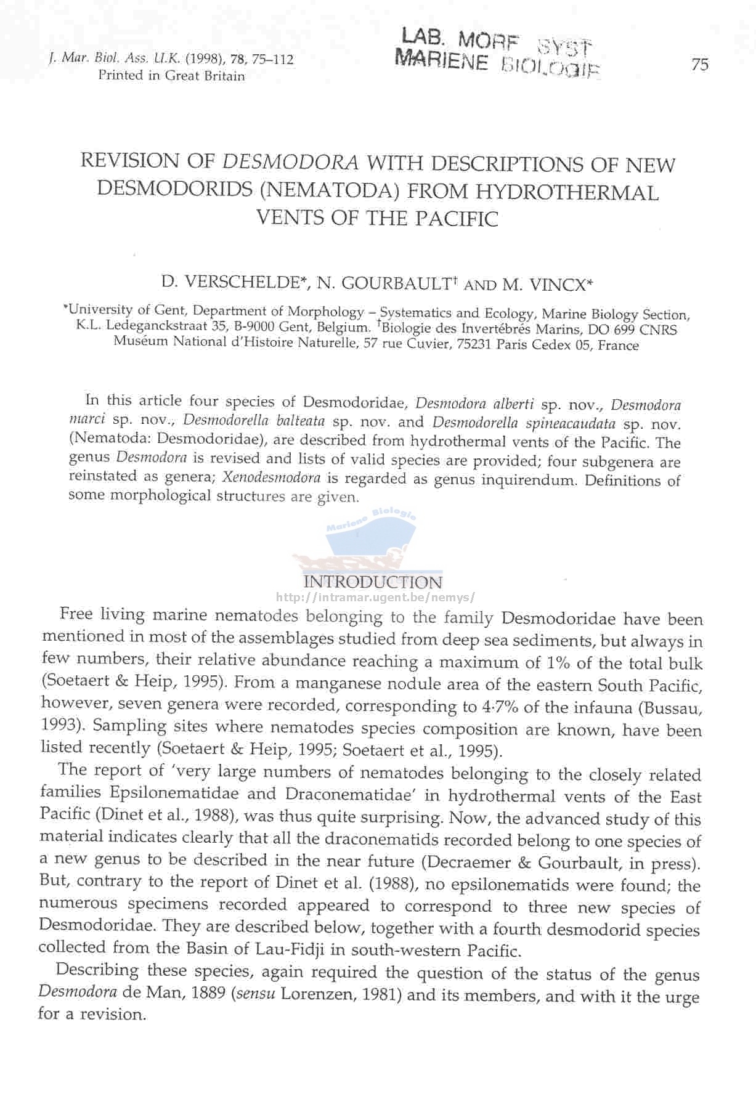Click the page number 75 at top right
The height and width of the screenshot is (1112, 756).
coord(699,64)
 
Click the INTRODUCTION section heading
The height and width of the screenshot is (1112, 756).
coord(373,582)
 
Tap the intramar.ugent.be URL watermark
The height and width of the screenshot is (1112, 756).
coord(375,597)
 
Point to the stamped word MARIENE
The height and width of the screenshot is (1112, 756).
coord(442,60)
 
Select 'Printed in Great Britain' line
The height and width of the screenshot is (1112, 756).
coord(171,76)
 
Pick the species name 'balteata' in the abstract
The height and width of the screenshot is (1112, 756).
coord(300,421)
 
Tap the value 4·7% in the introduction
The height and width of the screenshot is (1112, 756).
coord(498,706)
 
